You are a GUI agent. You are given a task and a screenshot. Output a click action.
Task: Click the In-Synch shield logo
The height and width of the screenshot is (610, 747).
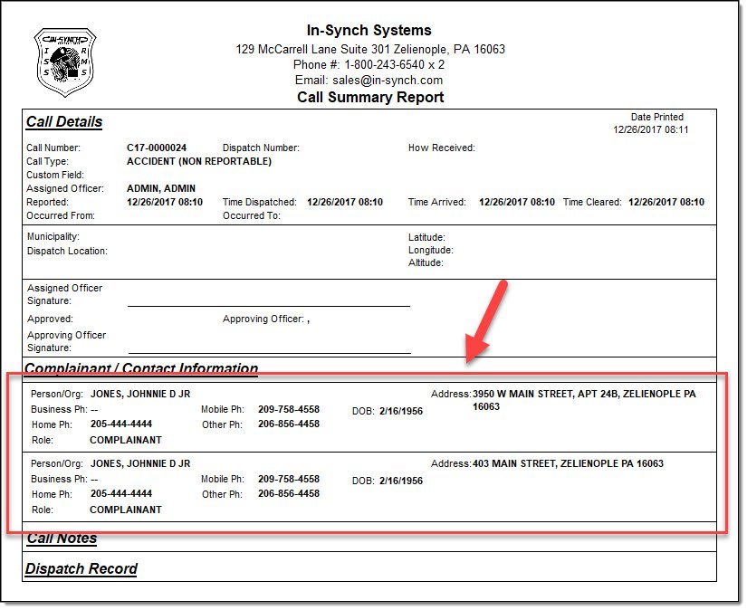tap(65, 62)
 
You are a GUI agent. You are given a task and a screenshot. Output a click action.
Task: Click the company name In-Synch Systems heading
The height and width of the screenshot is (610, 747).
tap(369, 31)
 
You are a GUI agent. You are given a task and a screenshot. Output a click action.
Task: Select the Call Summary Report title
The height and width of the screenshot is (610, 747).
tap(370, 97)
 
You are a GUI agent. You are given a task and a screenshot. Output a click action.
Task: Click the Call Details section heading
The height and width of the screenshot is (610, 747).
tap(64, 122)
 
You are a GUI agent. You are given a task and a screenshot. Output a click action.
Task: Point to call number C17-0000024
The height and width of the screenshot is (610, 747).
tap(157, 148)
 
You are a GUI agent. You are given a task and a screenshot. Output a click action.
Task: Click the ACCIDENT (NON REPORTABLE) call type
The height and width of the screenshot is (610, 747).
tap(199, 161)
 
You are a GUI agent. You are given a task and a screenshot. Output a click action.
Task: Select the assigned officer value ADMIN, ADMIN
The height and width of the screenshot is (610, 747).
tap(161, 188)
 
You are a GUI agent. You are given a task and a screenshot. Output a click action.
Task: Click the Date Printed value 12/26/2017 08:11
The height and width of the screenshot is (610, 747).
tap(651, 129)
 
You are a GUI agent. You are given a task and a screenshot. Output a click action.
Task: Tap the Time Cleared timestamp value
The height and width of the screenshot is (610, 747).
tap(666, 202)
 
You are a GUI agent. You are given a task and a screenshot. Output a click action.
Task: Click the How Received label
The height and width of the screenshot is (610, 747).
tap(441, 148)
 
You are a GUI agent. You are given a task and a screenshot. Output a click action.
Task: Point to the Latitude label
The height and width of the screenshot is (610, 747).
tap(426, 237)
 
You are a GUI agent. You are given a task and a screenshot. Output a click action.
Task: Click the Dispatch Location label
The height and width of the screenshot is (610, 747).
tap(67, 251)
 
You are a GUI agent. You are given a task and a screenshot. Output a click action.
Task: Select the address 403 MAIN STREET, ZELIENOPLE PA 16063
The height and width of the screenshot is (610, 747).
tap(568, 463)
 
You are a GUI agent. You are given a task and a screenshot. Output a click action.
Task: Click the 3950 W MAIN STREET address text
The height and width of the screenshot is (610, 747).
tap(584, 395)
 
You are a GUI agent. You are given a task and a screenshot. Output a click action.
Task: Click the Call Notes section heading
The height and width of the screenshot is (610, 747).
tap(62, 539)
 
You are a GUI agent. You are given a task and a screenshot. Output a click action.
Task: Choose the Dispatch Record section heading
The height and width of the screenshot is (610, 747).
tap(81, 569)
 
